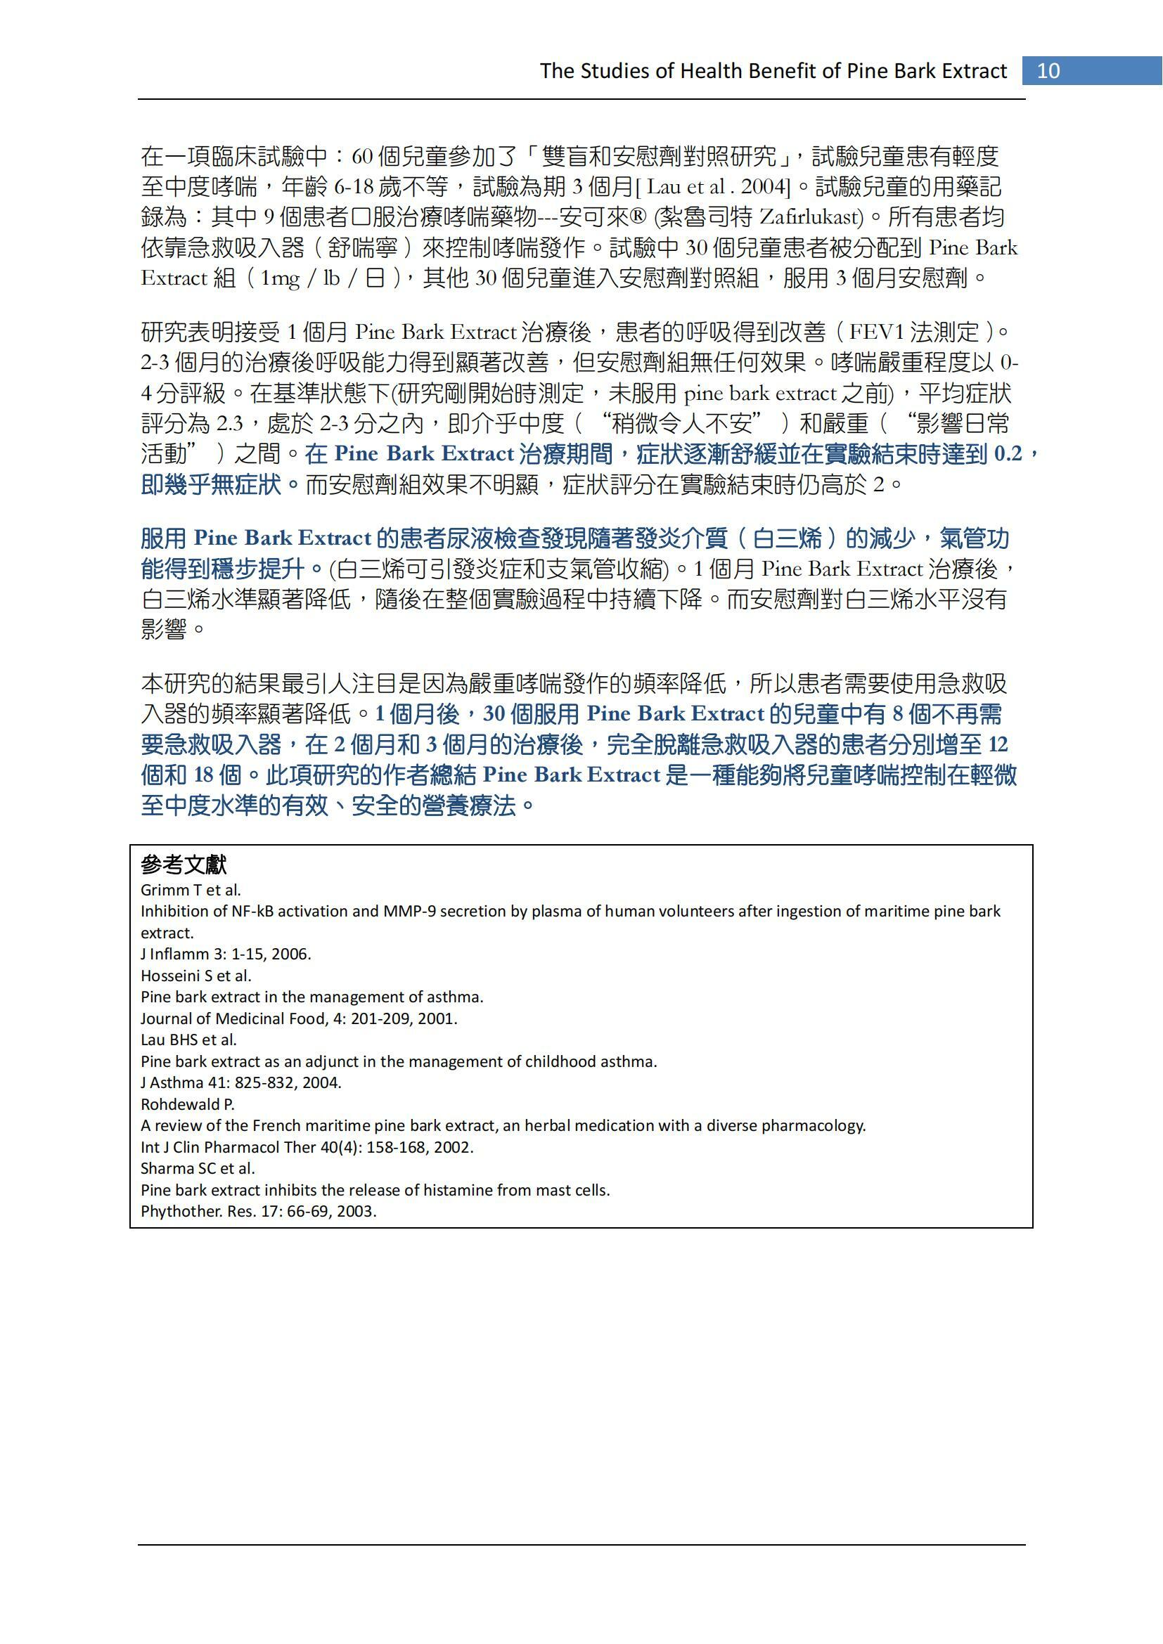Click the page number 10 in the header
click(x=1048, y=71)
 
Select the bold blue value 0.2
click(x=1008, y=454)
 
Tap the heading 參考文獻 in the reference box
click(x=184, y=865)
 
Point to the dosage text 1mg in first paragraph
click(x=279, y=278)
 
